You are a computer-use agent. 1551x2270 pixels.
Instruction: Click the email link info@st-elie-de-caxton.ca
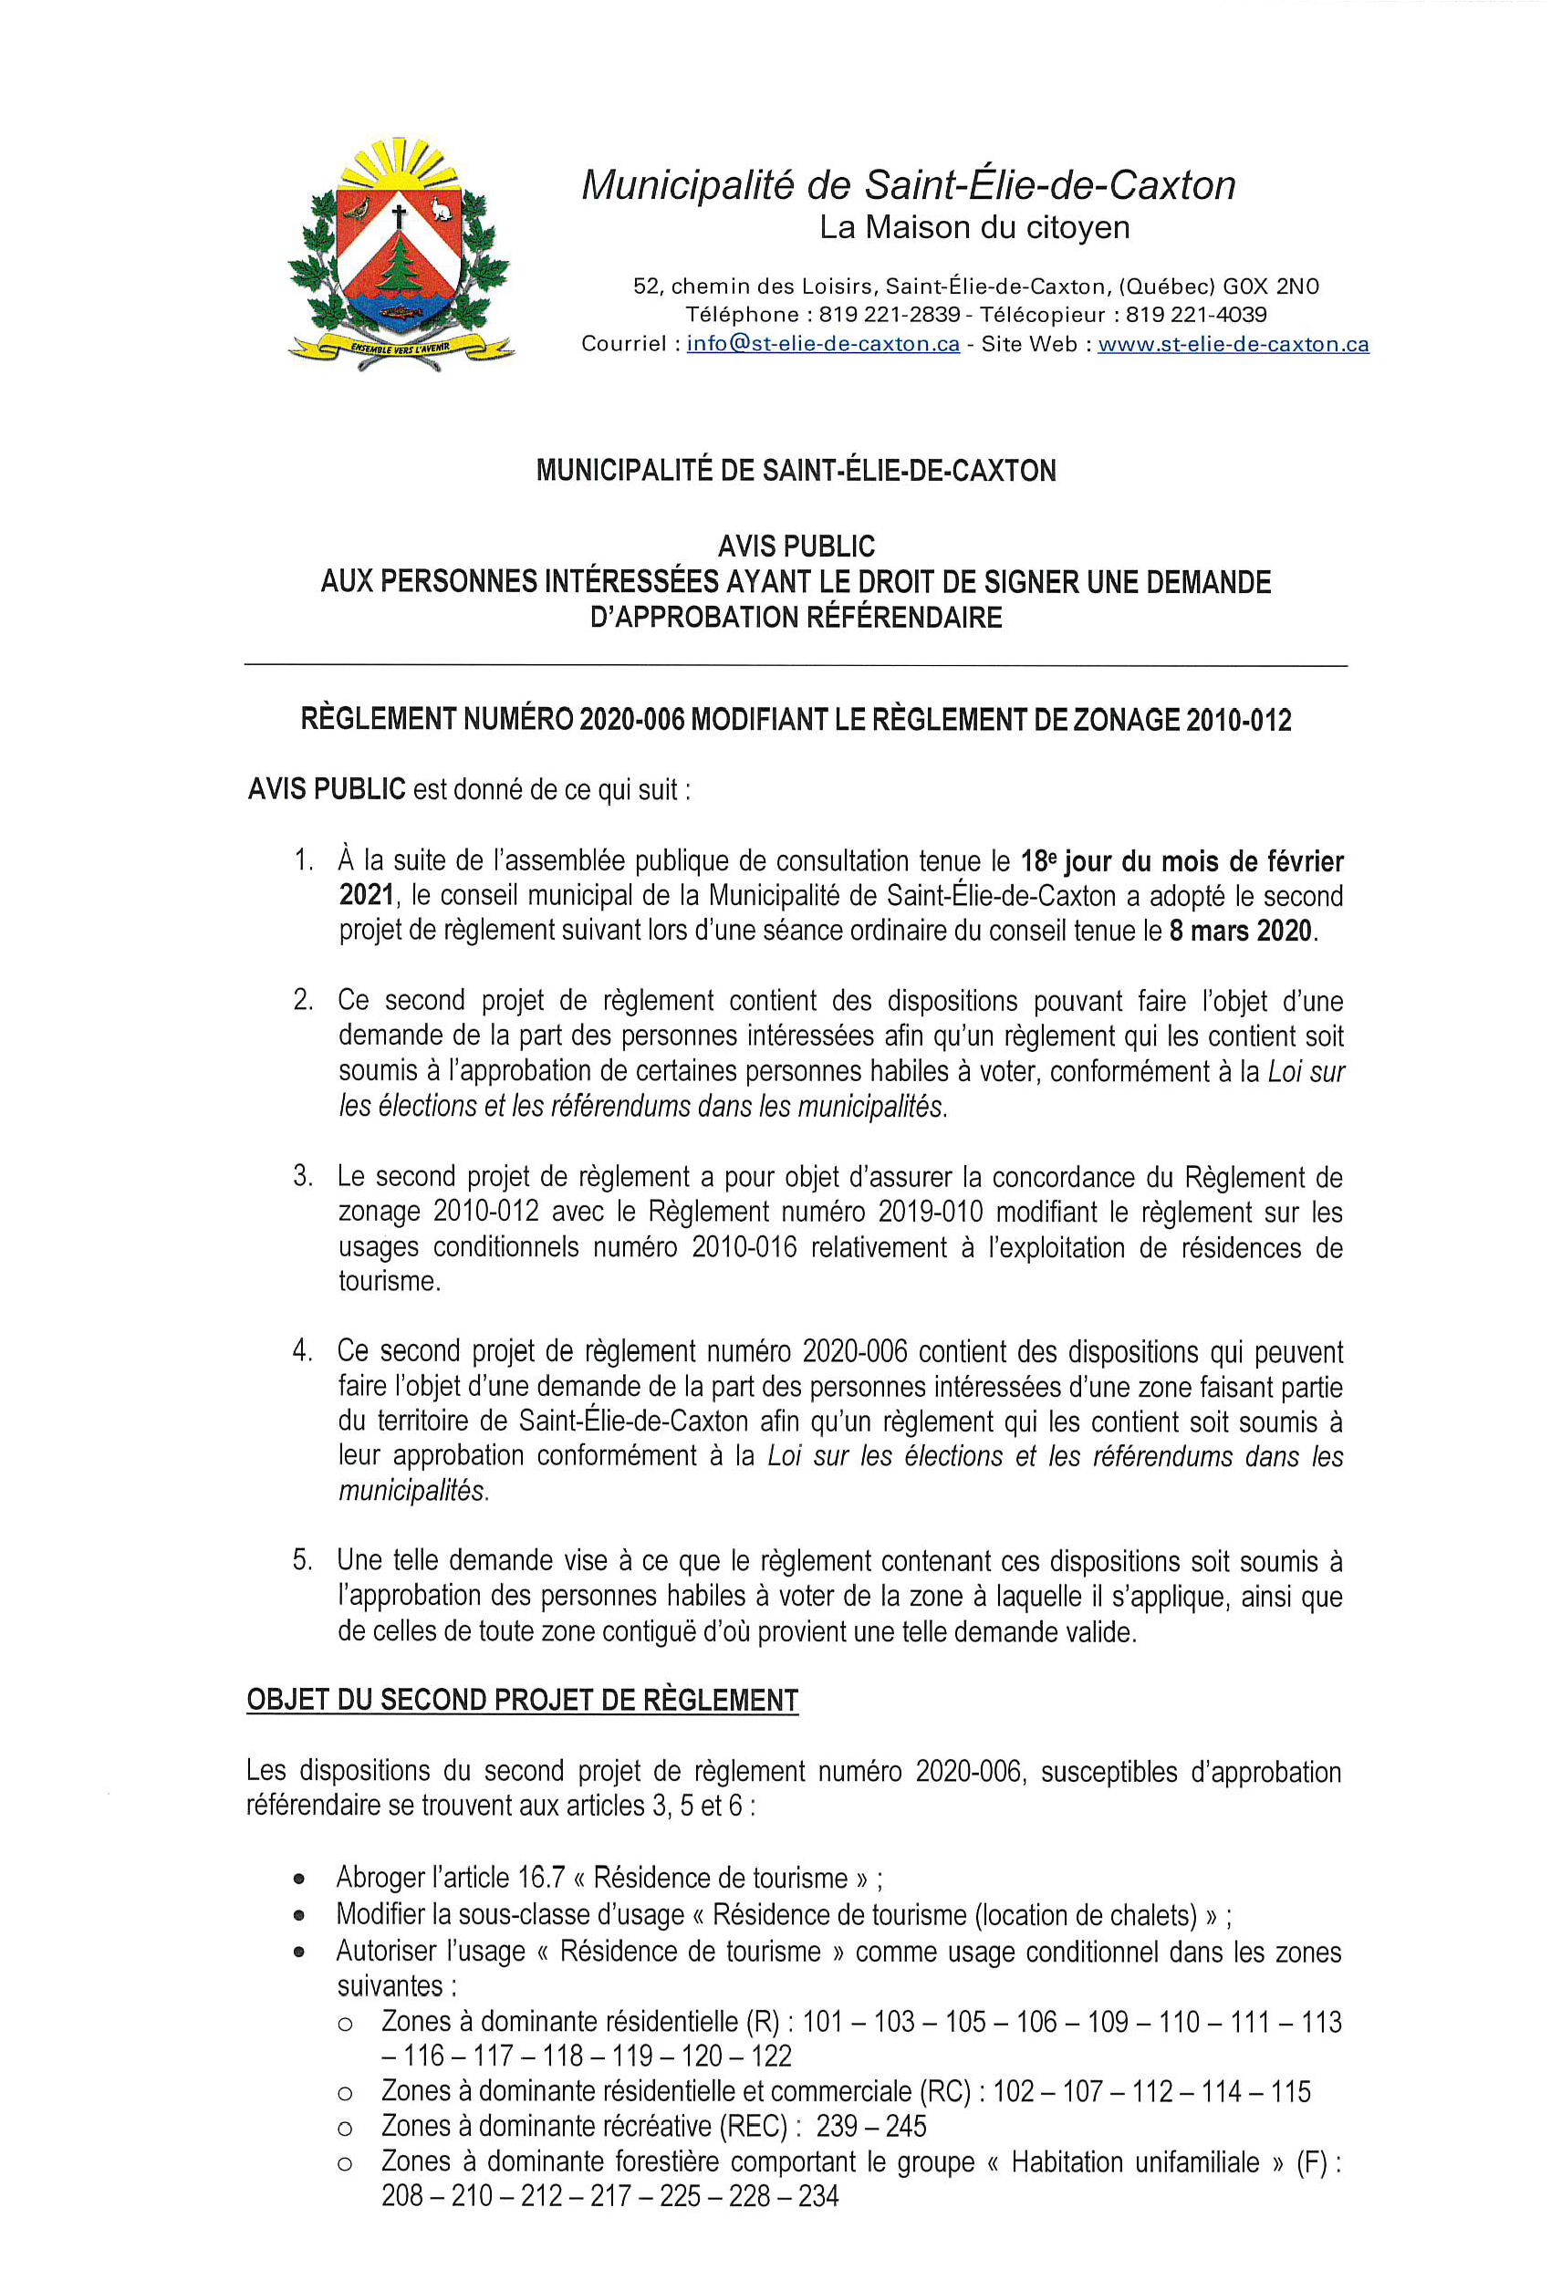(x=822, y=344)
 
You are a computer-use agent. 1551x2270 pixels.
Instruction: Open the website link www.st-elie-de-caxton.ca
(x=1233, y=344)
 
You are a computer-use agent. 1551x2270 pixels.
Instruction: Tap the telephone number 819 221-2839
(x=889, y=315)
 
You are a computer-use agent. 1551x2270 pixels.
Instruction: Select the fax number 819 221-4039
(x=1195, y=315)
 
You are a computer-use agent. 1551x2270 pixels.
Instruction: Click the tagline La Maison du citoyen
(x=973, y=227)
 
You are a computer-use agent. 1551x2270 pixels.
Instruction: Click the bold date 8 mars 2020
(x=1241, y=930)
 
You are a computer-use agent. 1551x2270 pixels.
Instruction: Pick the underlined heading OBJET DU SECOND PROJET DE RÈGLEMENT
(x=523, y=1700)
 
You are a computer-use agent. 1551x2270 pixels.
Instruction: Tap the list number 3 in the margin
(x=303, y=1175)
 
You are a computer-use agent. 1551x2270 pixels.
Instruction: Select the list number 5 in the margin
(x=303, y=1559)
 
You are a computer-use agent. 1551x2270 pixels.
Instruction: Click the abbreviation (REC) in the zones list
(x=753, y=2126)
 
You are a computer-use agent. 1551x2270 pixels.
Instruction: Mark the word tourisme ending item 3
(x=388, y=1281)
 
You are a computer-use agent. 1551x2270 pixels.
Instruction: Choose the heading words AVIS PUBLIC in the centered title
(x=796, y=546)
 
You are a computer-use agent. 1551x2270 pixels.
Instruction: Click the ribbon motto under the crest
(x=401, y=348)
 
